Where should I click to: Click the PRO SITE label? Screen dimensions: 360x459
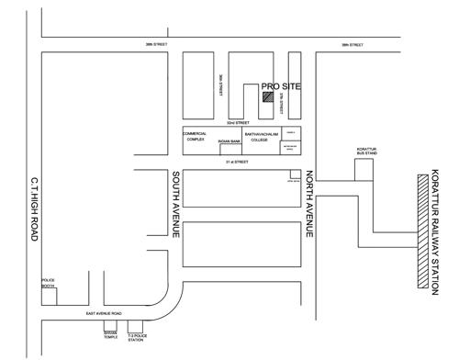(281, 85)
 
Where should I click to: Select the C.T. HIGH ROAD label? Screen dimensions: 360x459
(33, 208)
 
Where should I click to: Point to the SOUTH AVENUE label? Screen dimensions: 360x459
(174, 208)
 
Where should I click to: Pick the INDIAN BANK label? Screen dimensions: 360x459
(229, 141)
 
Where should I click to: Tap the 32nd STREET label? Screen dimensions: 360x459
(239, 122)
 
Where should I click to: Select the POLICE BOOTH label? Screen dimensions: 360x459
(49, 284)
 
